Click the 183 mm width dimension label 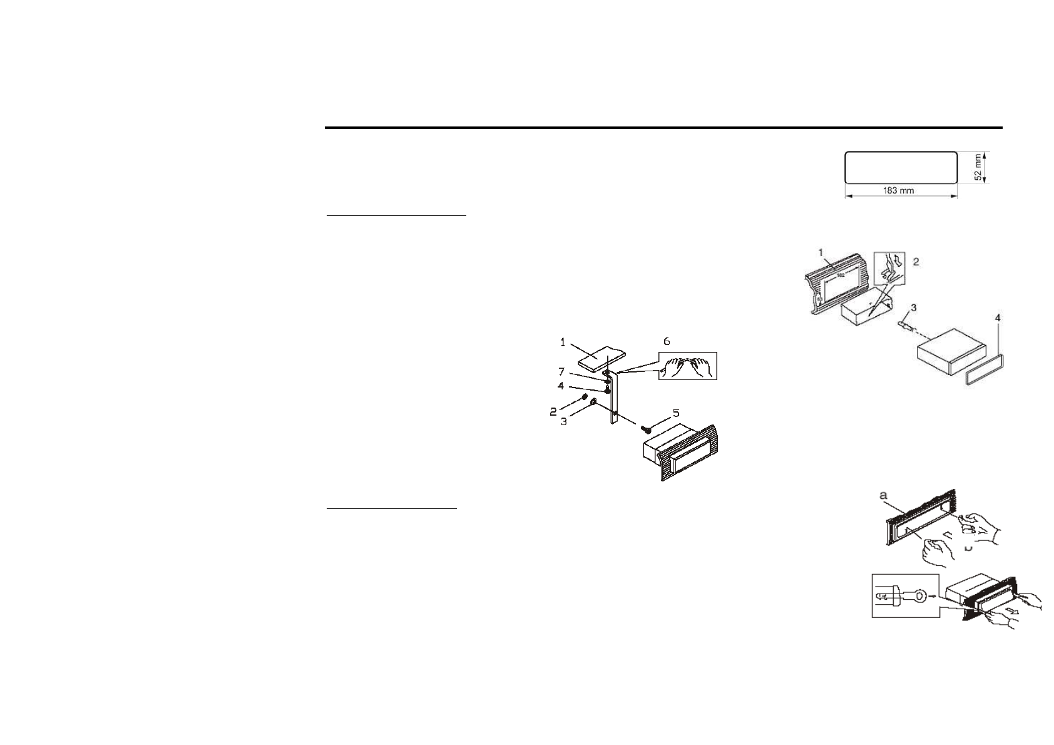[898, 191]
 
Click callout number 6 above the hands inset [667, 341]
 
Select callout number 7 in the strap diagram [561, 372]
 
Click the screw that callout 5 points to [647, 429]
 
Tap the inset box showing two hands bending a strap [687, 366]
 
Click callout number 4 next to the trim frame [998, 319]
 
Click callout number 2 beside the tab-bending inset [916, 261]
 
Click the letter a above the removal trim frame [884, 495]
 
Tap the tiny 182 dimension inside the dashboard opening [842, 274]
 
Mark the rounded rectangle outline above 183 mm [901, 167]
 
